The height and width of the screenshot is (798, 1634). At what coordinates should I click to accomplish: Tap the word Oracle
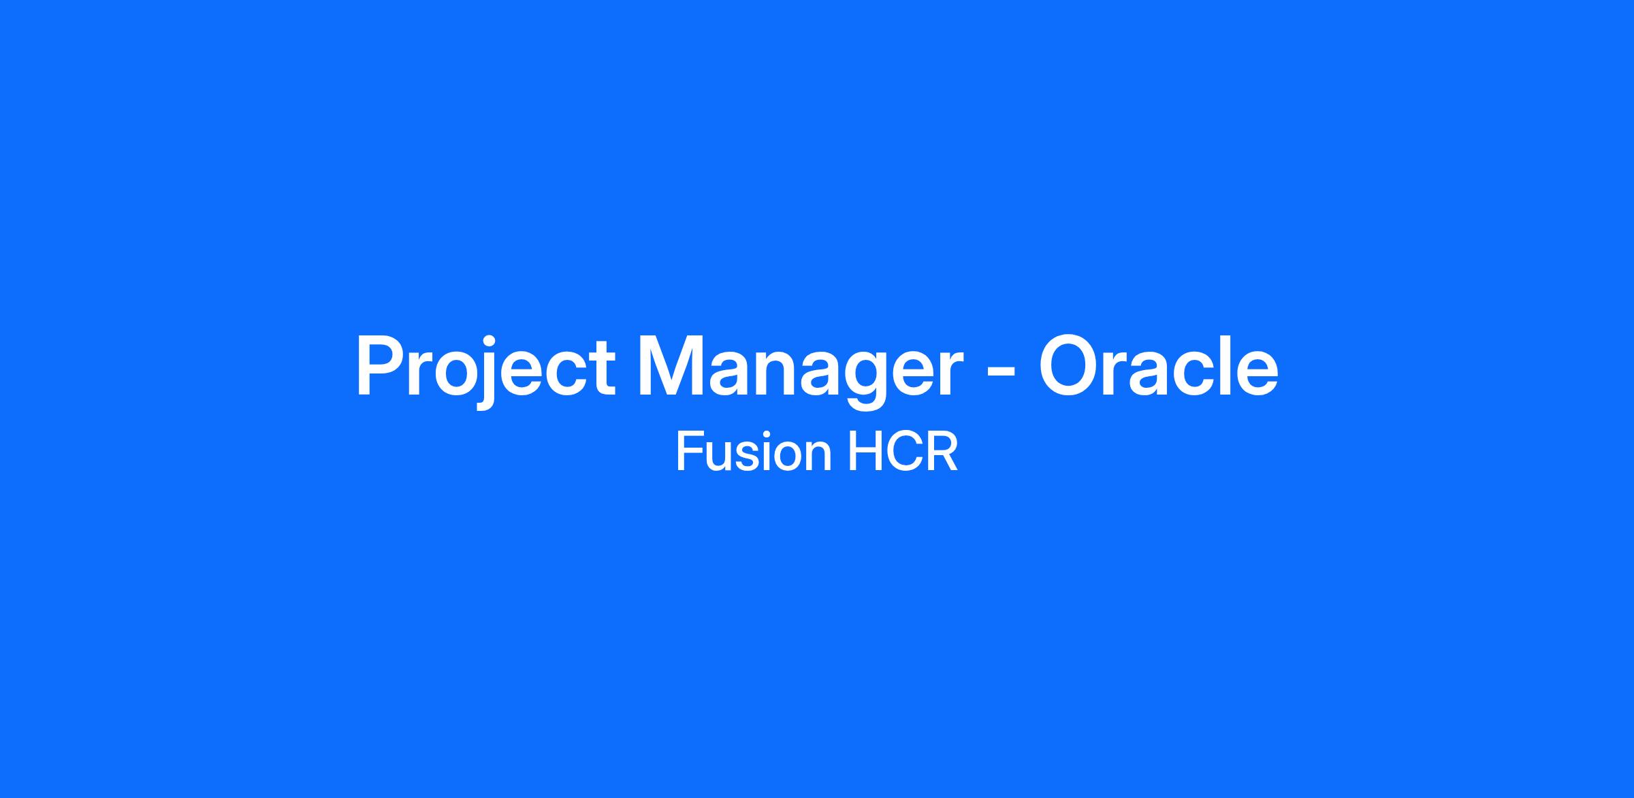pyautogui.click(x=1158, y=365)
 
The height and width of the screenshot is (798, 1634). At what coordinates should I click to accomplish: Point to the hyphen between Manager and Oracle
pyautogui.click(x=1001, y=373)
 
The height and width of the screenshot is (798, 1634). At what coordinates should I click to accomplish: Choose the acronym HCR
pyautogui.click(x=903, y=452)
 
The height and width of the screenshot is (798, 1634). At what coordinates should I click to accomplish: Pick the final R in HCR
pyautogui.click(x=944, y=452)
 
